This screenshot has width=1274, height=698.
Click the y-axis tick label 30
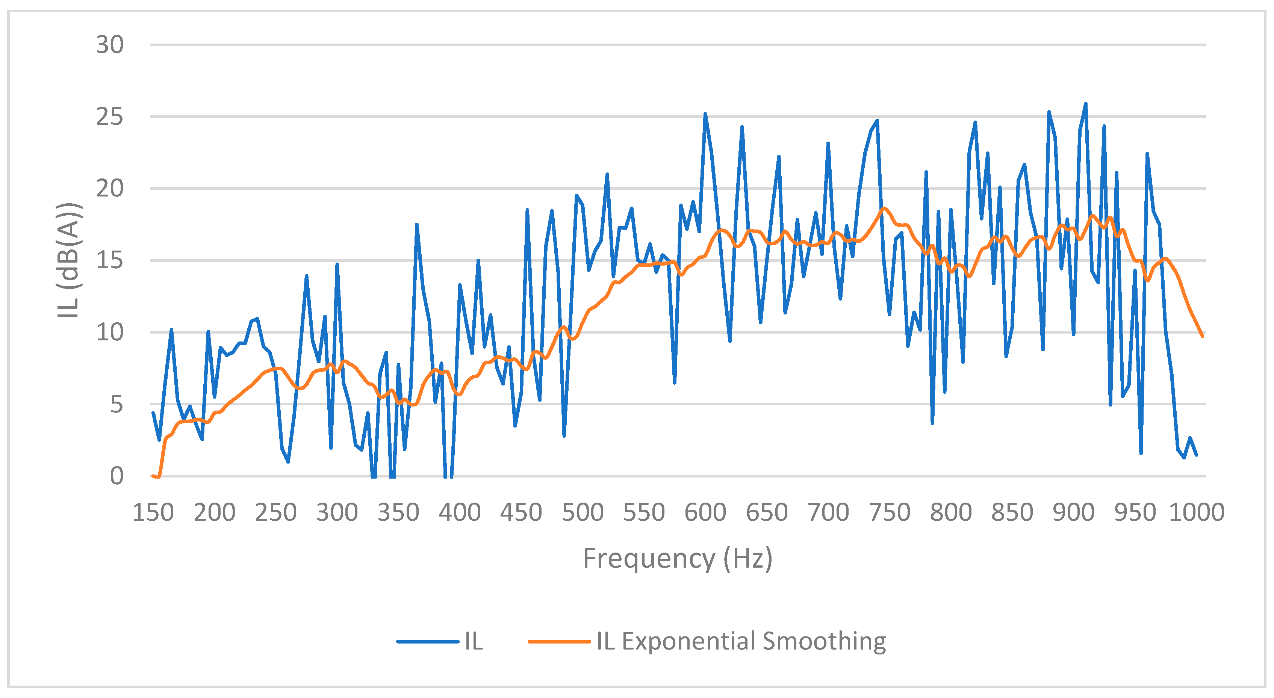pos(110,45)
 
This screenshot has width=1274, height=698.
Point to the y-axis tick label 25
pos(110,117)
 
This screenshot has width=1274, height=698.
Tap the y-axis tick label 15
pos(110,260)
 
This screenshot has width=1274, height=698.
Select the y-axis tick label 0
pos(117,476)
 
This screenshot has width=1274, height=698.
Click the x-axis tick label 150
pos(153,512)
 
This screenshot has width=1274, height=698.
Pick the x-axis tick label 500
pos(583,512)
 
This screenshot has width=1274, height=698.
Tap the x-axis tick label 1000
pos(1196,512)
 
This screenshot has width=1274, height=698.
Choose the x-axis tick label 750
pos(889,512)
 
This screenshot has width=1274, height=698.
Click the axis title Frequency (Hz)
pos(678,559)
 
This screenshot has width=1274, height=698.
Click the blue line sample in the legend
pos(428,642)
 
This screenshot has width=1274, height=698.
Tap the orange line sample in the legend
pos(559,642)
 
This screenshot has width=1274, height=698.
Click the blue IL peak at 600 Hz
pos(705,114)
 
